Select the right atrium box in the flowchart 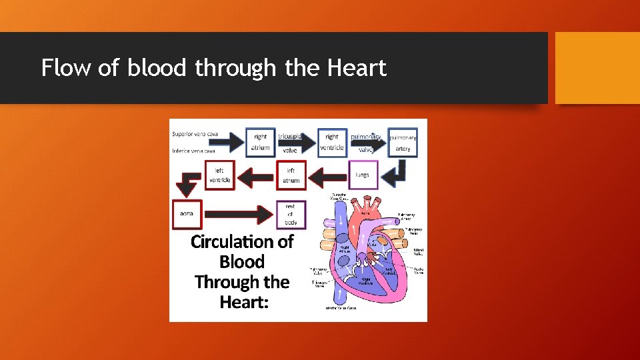pyautogui.click(x=261, y=142)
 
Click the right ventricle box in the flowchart pyautogui.click(x=332, y=142)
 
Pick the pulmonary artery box pyautogui.click(x=403, y=143)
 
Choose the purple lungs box pyautogui.click(x=363, y=175)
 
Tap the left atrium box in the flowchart pyautogui.click(x=291, y=175)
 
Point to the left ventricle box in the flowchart pyautogui.click(x=220, y=175)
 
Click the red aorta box pyautogui.click(x=187, y=213)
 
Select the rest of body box pyautogui.click(x=291, y=214)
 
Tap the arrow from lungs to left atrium pyautogui.click(x=327, y=177)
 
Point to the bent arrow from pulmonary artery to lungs pyautogui.click(x=399, y=174)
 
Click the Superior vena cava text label pyautogui.click(x=195, y=134)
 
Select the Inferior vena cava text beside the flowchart pyautogui.click(x=193, y=151)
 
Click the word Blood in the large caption pyautogui.click(x=242, y=262)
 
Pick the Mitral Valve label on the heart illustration pyautogui.click(x=418, y=251)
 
